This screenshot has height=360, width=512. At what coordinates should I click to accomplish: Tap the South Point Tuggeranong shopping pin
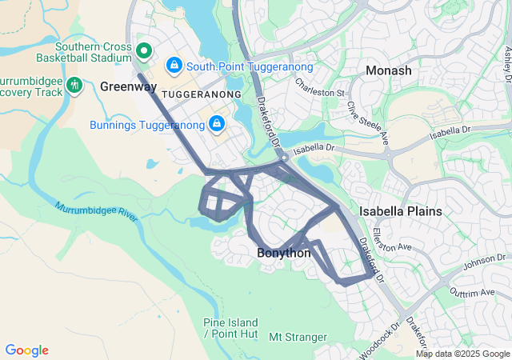173,64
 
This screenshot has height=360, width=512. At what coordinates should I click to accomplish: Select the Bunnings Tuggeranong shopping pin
216,124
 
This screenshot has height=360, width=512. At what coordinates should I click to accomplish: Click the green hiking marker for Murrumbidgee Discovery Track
74,84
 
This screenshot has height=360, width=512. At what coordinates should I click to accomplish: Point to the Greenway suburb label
129,86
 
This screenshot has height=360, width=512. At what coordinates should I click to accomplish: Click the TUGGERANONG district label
201,94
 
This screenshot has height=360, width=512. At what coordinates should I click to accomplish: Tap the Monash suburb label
388,71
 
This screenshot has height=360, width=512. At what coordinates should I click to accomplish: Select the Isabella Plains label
400,211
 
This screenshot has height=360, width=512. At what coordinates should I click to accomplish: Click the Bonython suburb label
283,253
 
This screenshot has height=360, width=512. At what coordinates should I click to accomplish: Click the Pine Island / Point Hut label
229,328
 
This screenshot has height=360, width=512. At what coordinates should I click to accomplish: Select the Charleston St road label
318,87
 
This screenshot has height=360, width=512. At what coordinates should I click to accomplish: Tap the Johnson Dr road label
479,261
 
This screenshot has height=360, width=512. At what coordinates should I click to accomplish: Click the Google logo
27,350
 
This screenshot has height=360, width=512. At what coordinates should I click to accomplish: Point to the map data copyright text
462,354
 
